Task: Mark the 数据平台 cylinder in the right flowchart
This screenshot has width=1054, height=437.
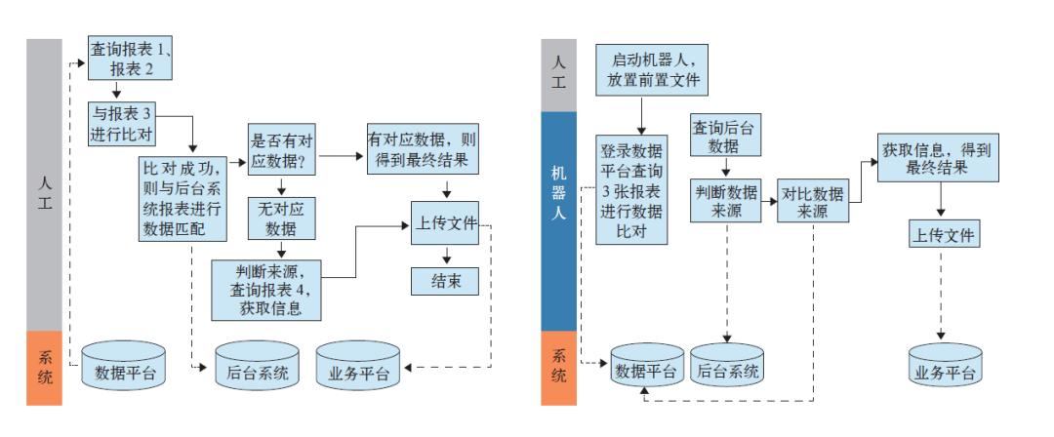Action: pos(645,370)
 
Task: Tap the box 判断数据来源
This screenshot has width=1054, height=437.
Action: pos(726,201)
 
